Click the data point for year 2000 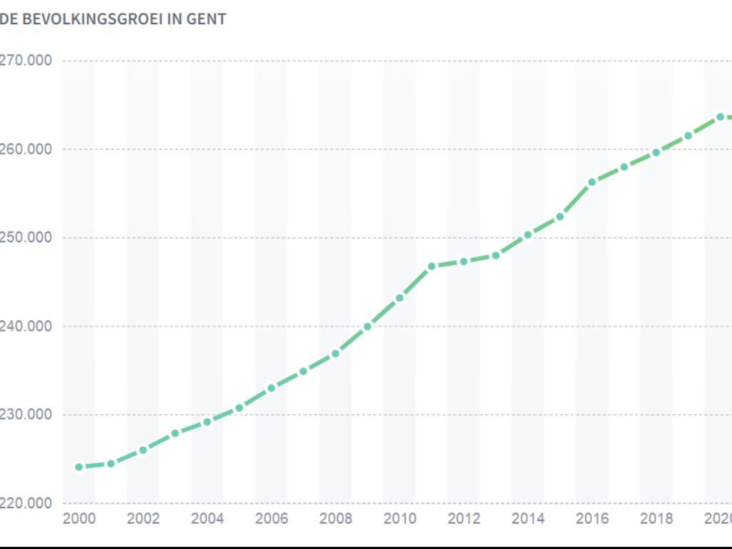click(x=79, y=467)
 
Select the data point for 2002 click(x=143, y=450)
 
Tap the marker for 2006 click(x=272, y=388)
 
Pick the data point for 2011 click(x=432, y=267)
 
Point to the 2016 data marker click(x=592, y=182)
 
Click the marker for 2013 click(x=495, y=255)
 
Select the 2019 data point click(x=688, y=136)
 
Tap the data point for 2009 click(x=367, y=327)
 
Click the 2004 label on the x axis click(x=207, y=518)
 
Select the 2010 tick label click(x=400, y=518)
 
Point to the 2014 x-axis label click(x=528, y=518)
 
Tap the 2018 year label click(x=656, y=518)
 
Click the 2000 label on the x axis click(x=79, y=518)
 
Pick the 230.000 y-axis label click(x=26, y=415)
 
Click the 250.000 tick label click(x=26, y=237)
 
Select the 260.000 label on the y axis click(x=26, y=149)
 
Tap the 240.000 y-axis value click(x=26, y=326)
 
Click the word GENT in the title click(x=207, y=19)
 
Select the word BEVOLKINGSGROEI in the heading click(x=93, y=19)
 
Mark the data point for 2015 click(x=560, y=217)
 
